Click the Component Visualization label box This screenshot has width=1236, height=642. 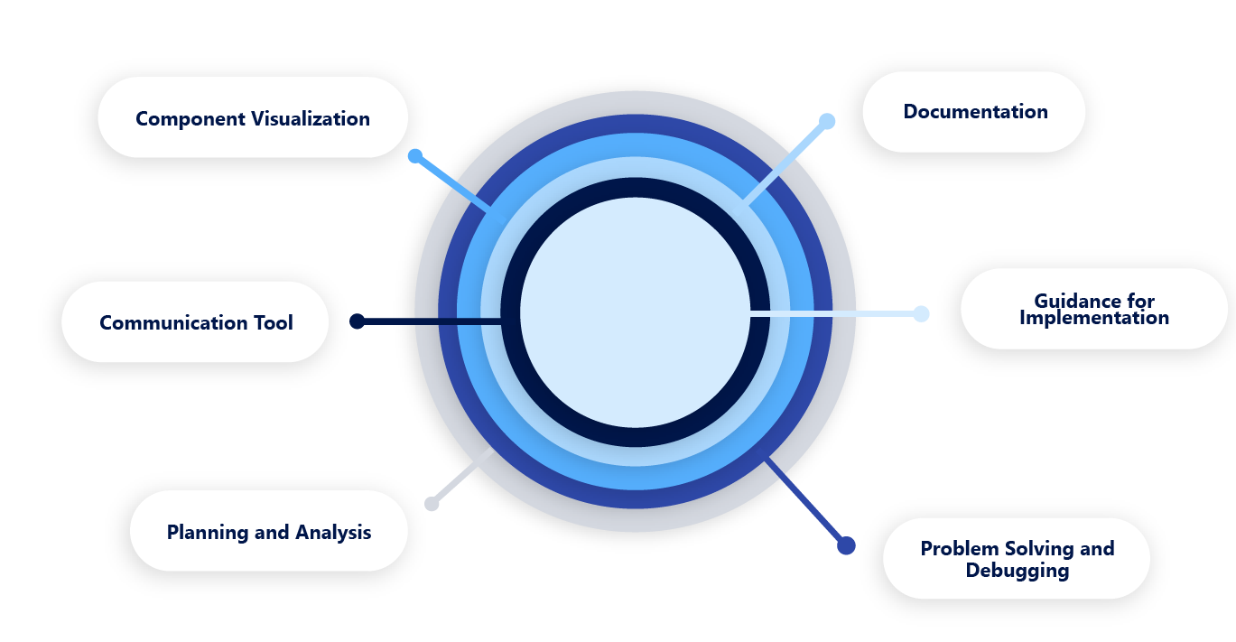tap(253, 117)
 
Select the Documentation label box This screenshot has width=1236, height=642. tap(973, 112)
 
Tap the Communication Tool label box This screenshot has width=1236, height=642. tap(195, 322)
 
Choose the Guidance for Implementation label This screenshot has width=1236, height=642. tap(1093, 309)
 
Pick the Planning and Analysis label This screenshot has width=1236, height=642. tap(268, 532)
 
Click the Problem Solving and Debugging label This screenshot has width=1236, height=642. tap(1016, 558)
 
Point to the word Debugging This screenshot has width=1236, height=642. tap(1017, 571)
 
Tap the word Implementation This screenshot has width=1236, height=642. tap(1093, 318)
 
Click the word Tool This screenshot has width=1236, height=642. tap(272, 322)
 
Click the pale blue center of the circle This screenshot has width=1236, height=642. tap(636, 312)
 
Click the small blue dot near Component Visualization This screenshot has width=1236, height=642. tap(414, 155)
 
